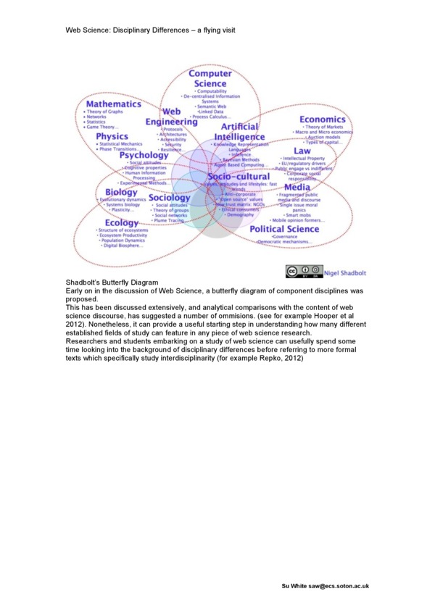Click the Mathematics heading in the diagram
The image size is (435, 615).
tap(113, 104)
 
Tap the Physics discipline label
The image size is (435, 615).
tap(112, 136)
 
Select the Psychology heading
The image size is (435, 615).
tap(144, 155)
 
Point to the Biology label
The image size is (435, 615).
tap(120, 192)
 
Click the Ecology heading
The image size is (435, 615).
tap(121, 222)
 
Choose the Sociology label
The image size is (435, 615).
tap(169, 198)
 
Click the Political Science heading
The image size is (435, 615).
tap(284, 229)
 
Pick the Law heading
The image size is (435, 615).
tap(302, 151)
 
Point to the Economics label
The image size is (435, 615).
tap(323, 120)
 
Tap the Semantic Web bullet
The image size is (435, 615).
tap(211, 106)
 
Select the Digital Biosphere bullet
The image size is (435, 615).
tap(123, 246)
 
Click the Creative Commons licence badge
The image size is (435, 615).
tap(302, 272)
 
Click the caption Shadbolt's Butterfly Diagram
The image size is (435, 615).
tap(110, 283)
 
